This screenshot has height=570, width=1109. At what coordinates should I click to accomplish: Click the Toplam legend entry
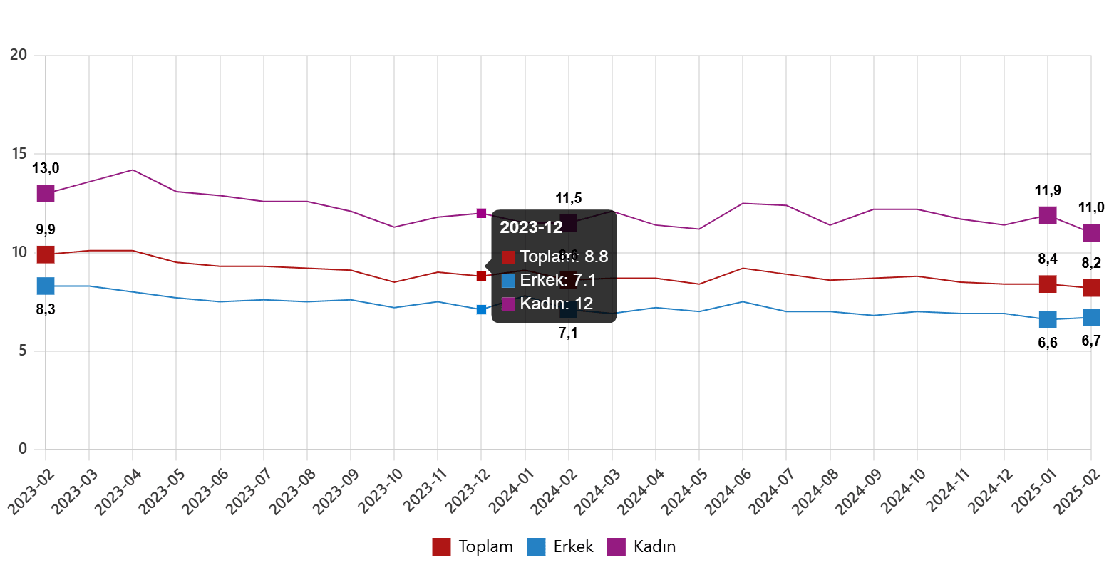[472, 547]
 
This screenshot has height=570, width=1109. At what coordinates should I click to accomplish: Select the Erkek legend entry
[560, 547]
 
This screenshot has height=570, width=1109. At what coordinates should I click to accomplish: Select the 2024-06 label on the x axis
[726, 491]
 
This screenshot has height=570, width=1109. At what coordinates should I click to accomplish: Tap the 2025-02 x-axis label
[1074, 491]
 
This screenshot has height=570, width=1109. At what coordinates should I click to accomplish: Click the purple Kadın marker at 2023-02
[46, 193]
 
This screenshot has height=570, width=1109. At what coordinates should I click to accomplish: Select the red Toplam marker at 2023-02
[46, 254]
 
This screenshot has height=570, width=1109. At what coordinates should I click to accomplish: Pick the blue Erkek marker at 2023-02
[46, 286]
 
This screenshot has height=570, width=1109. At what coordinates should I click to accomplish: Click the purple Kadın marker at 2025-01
[1047, 214]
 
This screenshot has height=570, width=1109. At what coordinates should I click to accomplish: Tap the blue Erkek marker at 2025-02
[1091, 317]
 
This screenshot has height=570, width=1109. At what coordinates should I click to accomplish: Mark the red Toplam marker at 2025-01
[1047, 284]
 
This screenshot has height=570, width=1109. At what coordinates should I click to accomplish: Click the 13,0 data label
[46, 169]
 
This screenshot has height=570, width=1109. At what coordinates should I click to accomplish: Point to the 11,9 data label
[1047, 190]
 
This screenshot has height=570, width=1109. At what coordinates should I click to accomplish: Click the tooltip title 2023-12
[531, 227]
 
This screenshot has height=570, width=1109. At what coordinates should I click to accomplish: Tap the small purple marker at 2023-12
[481, 213]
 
